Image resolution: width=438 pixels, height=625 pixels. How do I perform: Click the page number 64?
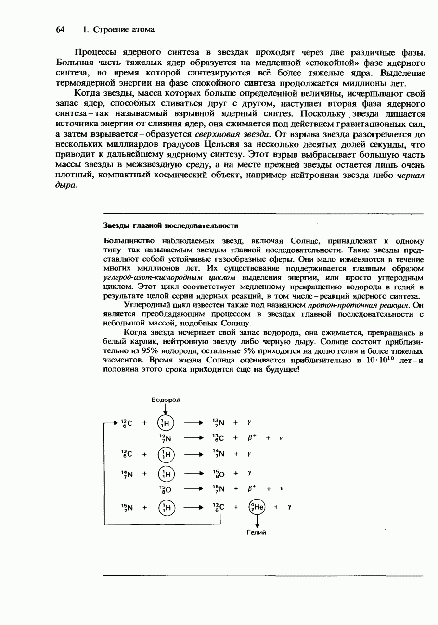tap(60, 30)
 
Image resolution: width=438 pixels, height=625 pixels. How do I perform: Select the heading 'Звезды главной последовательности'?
tap(171, 225)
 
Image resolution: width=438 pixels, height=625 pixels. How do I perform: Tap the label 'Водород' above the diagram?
tap(166, 400)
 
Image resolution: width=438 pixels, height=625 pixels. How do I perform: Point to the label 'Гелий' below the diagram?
tap(257, 532)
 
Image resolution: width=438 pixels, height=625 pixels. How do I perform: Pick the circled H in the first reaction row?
tap(166, 424)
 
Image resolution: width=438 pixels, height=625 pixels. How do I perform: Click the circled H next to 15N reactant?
tap(166, 507)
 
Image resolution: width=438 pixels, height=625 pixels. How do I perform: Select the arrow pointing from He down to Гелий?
tap(257, 521)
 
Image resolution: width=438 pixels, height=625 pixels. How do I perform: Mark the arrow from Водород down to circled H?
tap(166, 409)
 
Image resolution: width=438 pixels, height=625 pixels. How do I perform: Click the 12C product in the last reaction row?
tap(218, 507)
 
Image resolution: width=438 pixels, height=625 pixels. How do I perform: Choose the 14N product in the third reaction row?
tap(218, 454)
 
